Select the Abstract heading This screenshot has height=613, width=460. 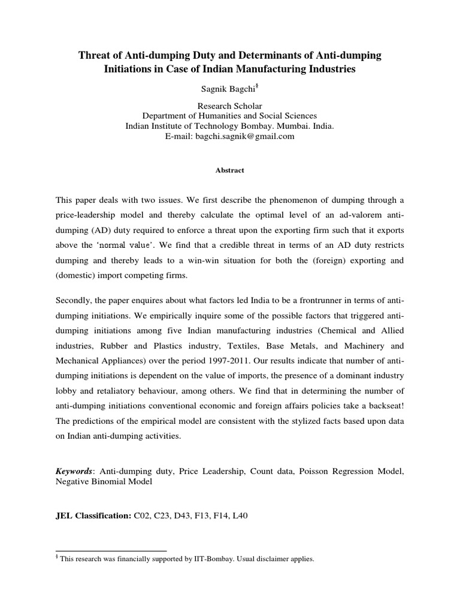230,170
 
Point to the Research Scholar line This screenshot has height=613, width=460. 230,105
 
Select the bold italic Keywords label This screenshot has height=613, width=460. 74,472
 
